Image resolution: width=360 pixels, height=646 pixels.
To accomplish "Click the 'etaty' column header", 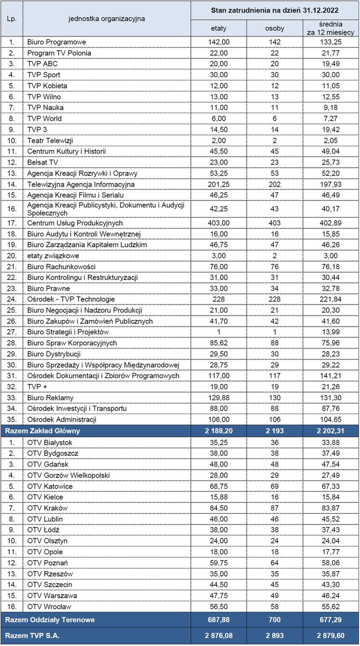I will pos(219,28).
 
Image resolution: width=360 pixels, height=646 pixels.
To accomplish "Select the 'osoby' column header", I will pos(275,28).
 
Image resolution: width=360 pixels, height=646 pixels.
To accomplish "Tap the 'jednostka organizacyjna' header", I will pos(106,18).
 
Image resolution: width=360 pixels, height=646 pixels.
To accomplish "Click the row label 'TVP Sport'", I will pos(44,75).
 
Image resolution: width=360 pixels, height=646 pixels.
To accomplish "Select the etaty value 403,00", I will pos(219,223).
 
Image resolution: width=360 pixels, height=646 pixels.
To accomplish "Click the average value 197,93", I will pos(331,184).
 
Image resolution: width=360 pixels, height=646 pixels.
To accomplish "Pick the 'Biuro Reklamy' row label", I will pos(50,398).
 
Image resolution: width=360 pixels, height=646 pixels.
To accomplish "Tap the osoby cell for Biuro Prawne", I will pos(275,288).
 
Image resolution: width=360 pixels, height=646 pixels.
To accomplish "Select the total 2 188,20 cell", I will pos(219,431).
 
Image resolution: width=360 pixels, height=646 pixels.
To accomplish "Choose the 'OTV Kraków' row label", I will pos(47,508).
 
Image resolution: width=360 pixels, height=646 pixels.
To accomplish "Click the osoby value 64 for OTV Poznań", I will pos(275,563).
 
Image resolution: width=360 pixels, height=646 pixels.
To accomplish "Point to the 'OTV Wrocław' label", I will pos(49,607).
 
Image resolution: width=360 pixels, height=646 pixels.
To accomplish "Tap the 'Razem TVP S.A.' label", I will pos(33,636).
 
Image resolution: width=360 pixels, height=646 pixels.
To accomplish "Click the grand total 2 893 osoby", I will pos(275,636).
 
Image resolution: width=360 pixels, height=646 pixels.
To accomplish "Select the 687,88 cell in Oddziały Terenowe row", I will pos(219,620).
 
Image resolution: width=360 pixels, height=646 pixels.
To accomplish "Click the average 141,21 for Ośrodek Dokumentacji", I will pos(331,376).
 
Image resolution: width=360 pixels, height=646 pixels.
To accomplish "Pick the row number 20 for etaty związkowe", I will pos(12,256).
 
